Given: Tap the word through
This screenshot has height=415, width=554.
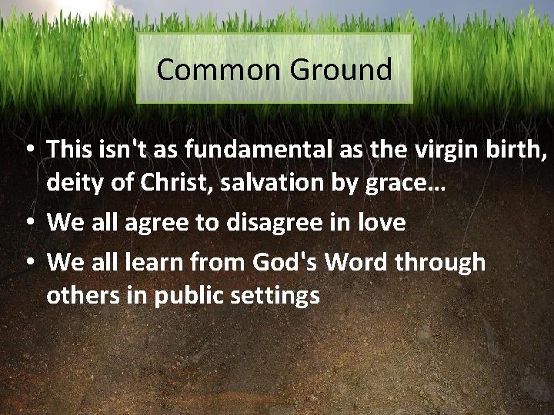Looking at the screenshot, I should (x=442, y=263).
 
